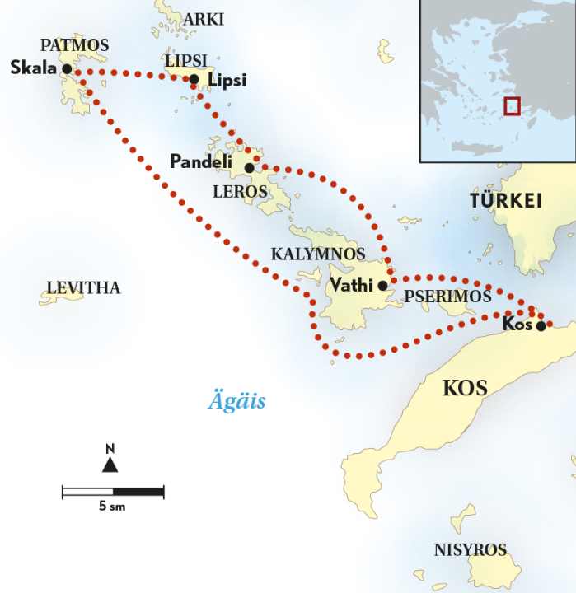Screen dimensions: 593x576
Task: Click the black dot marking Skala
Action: tap(67, 69)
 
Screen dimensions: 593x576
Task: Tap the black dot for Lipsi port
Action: tap(194, 80)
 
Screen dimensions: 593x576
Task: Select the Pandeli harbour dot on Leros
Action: tap(249, 167)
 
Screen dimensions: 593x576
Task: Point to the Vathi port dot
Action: tap(382, 286)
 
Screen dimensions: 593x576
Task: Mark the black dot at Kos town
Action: tap(541, 325)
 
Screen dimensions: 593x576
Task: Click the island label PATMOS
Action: tap(74, 45)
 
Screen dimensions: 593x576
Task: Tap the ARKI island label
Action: tap(204, 19)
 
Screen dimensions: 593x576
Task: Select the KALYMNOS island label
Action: tap(318, 254)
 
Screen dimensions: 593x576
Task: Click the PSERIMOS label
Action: tap(447, 296)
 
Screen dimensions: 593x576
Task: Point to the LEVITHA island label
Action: tap(83, 287)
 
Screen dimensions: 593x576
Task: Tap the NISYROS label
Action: tap(471, 550)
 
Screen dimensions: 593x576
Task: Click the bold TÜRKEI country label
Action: tap(504, 200)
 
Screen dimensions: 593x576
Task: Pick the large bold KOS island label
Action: tap(466, 387)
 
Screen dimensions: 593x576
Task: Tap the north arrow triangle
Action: tap(110, 465)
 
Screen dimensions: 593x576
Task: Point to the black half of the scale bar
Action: tap(138, 492)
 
